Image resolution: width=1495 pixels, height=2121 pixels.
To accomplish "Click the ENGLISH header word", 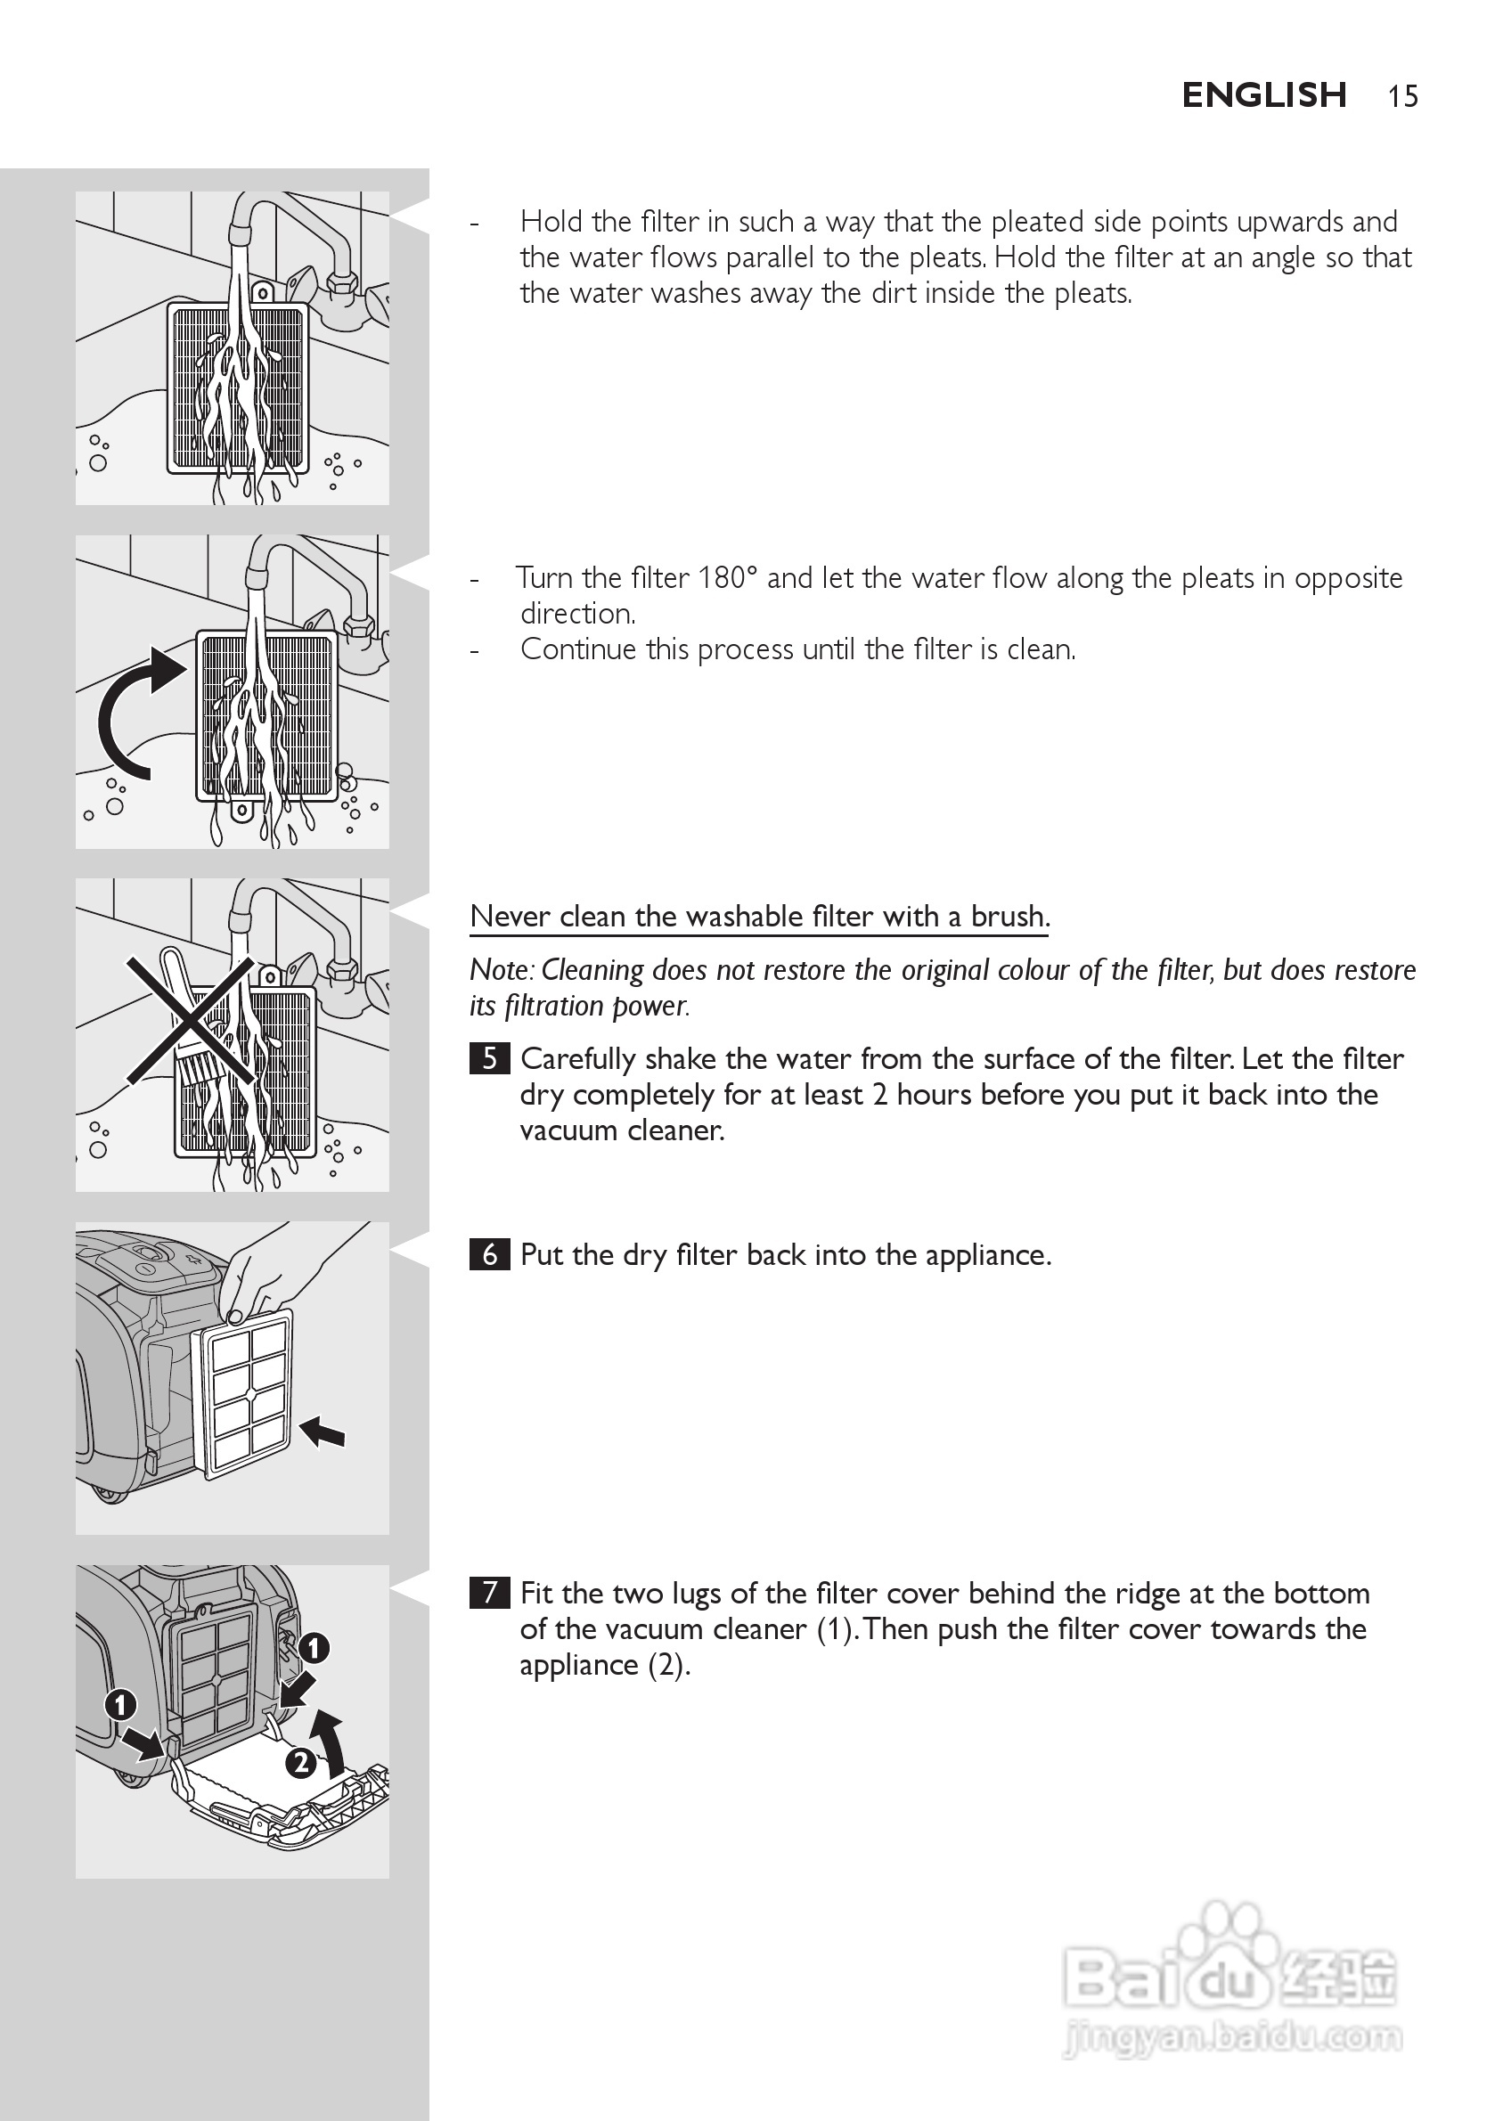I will tap(1263, 95).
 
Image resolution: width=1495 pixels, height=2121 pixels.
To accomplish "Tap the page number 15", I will tap(1401, 97).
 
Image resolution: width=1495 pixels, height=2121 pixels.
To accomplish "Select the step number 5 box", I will tap(489, 1057).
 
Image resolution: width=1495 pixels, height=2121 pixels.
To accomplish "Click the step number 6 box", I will tap(489, 1254).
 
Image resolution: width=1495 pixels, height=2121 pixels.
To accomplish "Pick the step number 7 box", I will tap(489, 1593).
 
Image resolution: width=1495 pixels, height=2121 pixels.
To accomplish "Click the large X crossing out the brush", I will tap(191, 1020).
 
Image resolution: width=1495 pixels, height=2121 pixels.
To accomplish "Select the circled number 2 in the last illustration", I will tap(300, 1763).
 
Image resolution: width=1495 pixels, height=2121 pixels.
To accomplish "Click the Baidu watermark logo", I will tap(1229, 1977).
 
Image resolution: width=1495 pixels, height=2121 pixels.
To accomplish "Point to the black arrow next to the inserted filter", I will tap(323, 1432).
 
